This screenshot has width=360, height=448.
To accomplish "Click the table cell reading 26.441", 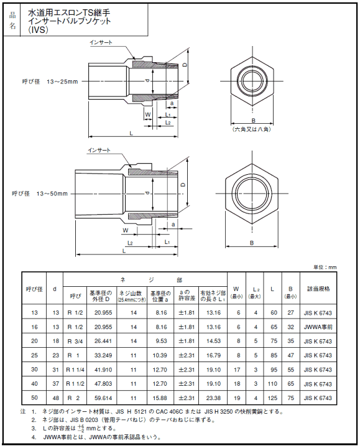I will [x=103, y=340].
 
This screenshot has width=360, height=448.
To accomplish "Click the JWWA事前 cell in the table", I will [x=319, y=327].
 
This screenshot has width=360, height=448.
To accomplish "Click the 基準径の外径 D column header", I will [x=103, y=295].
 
